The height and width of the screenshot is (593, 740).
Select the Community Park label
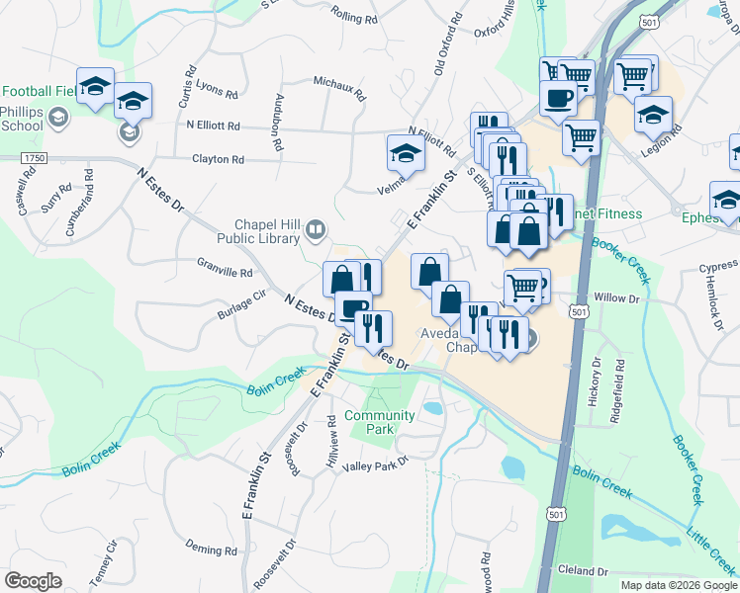click(367, 422)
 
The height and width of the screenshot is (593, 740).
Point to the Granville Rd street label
click(226, 267)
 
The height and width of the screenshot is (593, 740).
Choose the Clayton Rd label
click(218, 159)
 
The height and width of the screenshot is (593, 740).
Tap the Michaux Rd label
click(339, 90)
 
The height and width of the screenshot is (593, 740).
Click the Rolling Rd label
click(356, 17)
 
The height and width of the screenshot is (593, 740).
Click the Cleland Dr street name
click(582, 571)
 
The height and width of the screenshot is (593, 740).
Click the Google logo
click(33, 581)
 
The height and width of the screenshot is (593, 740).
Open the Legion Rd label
click(673, 138)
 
